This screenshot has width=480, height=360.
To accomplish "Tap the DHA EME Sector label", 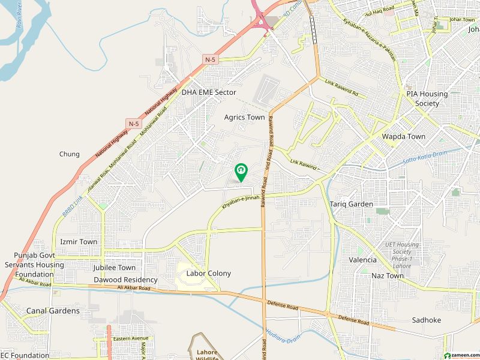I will click(209, 92).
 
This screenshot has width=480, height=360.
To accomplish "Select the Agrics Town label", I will click(244, 118).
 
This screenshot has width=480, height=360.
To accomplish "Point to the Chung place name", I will click(70, 154).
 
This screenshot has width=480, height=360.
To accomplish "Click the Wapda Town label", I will click(404, 137).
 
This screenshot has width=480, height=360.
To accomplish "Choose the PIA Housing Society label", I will click(427, 99).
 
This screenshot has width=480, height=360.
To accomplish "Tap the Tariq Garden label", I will click(352, 205).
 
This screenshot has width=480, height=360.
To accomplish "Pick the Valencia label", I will click(363, 260).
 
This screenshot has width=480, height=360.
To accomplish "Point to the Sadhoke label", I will click(427, 320).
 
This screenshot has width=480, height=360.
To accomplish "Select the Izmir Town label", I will click(79, 242).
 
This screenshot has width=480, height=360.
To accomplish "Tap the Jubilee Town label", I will click(115, 268).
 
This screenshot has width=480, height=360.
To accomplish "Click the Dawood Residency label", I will click(125, 280).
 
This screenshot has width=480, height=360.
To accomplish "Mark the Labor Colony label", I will click(209, 274).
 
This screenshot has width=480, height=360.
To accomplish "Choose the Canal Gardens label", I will click(53, 311).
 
